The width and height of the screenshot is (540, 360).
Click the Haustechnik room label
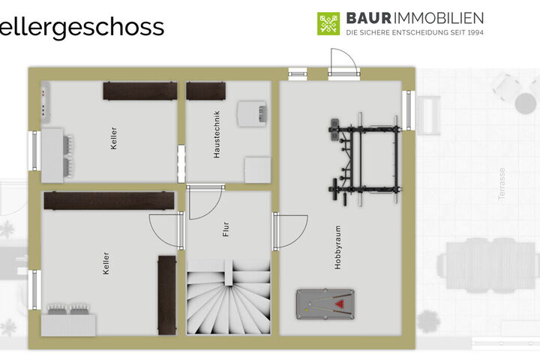(217, 134)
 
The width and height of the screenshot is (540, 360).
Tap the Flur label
(226, 229)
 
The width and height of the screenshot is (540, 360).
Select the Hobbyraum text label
(337, 247)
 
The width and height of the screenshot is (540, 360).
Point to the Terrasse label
(502, 184)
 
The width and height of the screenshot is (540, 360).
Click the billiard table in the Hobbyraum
(325, 304)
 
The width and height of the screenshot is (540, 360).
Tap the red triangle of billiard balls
(340, 304)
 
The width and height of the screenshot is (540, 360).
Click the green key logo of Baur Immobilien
(328, 24)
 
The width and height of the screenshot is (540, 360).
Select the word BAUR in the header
(368, 18)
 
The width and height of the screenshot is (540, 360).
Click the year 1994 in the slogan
(475, 33)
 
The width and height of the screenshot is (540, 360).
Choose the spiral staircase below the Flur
(228, 297)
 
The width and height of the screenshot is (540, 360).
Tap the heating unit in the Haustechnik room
(251, 114)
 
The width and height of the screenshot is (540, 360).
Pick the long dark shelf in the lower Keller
(109, 201)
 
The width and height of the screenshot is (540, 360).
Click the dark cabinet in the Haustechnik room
(206, 91)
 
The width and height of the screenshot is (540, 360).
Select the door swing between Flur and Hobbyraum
(290, 232)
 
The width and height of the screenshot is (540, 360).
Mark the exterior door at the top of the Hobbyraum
(343, 64)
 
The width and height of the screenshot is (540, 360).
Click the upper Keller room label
(114, 138)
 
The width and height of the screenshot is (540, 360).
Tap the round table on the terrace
(525, 103)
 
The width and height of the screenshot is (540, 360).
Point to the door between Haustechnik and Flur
(205, 203)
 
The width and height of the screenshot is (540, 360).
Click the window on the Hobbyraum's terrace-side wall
(409, 110)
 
